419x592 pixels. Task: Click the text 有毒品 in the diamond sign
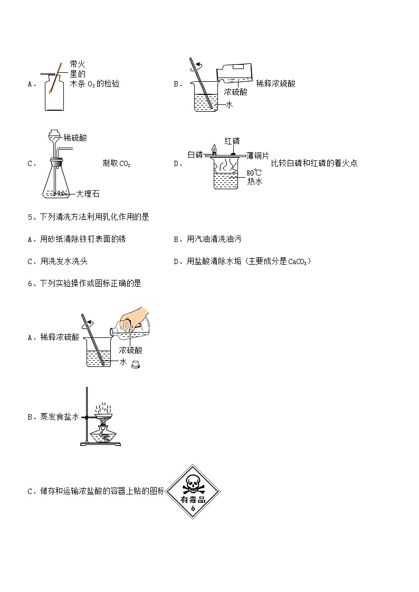coord(193,499)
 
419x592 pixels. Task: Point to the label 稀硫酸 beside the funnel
coord(75,138)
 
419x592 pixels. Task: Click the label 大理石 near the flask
coord(87,193)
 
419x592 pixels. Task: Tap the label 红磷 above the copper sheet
coord(232,141)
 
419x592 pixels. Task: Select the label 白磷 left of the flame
coord(195,154)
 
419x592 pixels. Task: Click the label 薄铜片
coord(258,155)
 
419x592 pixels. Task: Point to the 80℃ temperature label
coord(254,172)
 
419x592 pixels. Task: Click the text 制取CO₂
coord(116,163)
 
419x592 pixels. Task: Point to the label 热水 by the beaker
coord(255,181)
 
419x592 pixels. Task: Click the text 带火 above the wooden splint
coord(78,64)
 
